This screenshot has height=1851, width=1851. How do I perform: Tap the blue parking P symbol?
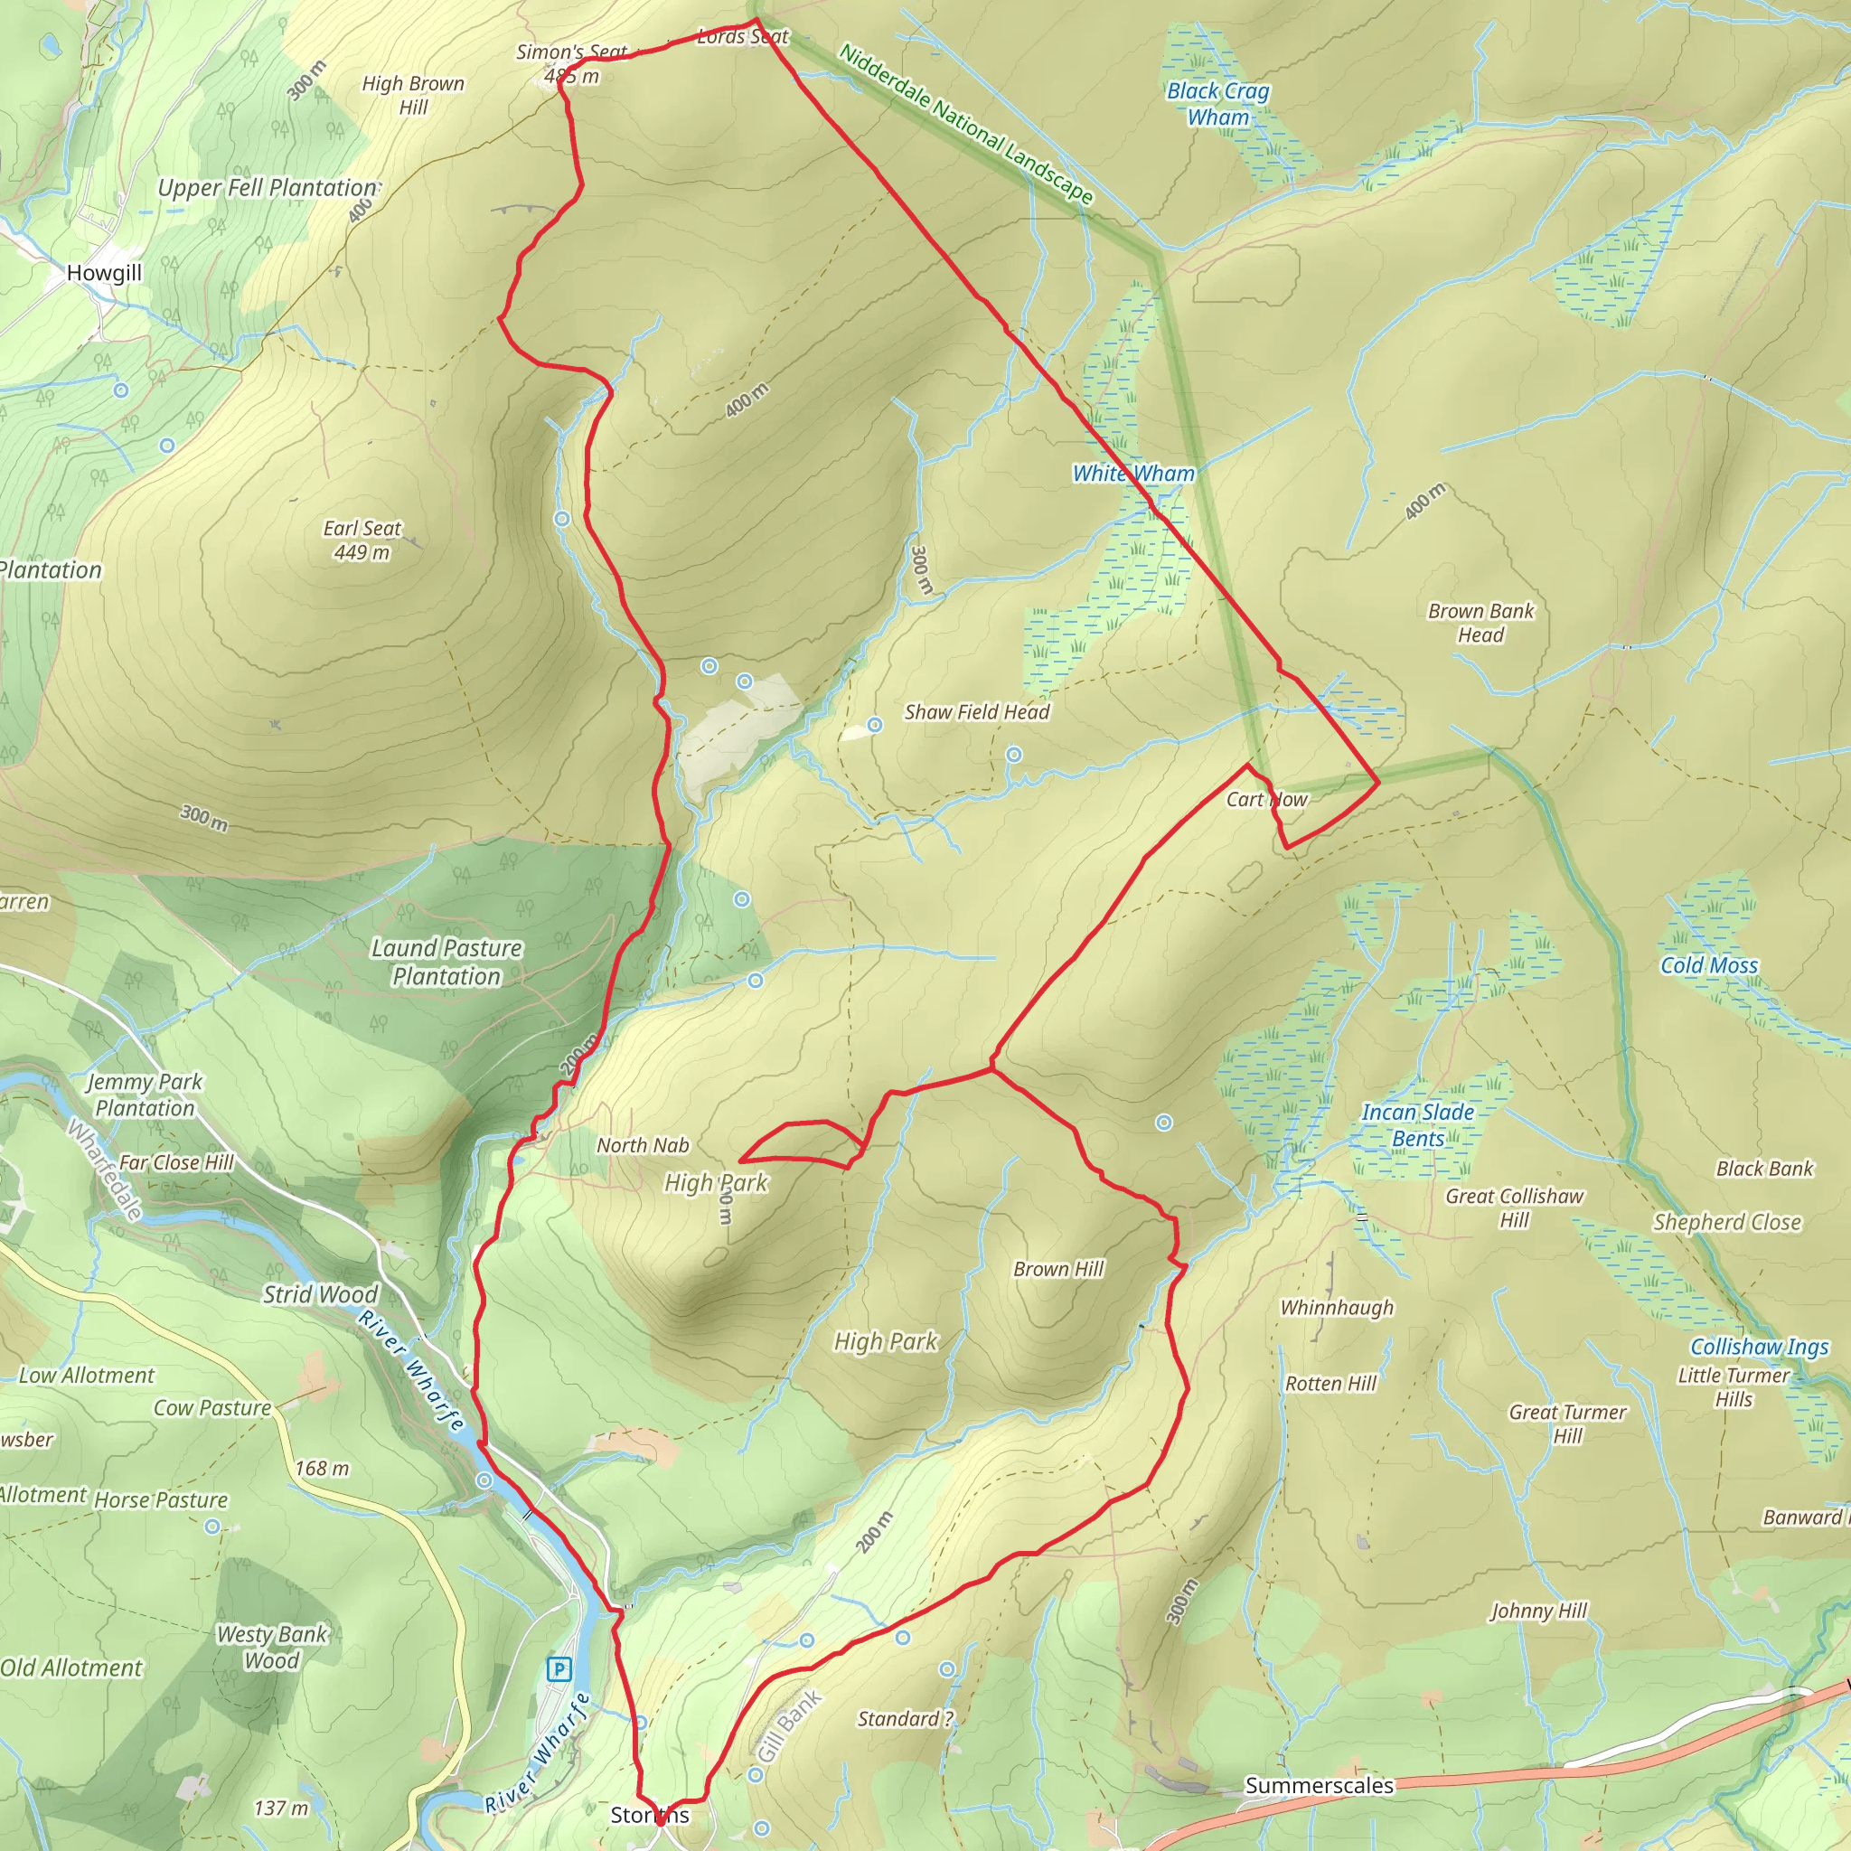pyautogui.click(x=558, y=1670)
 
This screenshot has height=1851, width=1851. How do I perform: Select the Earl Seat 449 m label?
pyautogui.click(x=362, y=540)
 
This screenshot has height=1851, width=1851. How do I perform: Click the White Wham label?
pyautogui.click(x=1133, y=474)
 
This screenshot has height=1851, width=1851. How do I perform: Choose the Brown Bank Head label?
pyautogui.click(x=1480, y=623)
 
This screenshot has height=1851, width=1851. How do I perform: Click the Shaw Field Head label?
pyautogui.click(x=976, y=712)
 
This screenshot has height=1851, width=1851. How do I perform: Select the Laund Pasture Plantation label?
pyautogui.click(x=446, y=962)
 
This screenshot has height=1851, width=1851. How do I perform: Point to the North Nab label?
pyautogui.click(x=643, y=1145)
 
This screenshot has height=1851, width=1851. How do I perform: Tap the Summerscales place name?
pyautogui.click(x=1319, y=1785)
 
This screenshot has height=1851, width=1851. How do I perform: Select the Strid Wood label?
pyautogui.click(x=320, y=1294)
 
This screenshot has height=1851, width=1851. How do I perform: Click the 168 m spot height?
pyautogui.click(x=322, y=1468)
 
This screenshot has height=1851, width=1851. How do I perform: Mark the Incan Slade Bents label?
pyautogui.click(x=1418, y=1124)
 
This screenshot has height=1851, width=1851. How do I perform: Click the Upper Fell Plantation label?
pyautogui.click(x=268, y=188)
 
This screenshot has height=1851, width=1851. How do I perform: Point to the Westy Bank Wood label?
pyautogui.click(x=272, y=1647)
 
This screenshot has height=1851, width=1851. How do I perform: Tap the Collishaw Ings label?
pyautogui.click(x=1759, y=1347)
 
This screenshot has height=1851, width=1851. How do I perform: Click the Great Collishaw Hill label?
pyautogui.click(x=1514, y=1207)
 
